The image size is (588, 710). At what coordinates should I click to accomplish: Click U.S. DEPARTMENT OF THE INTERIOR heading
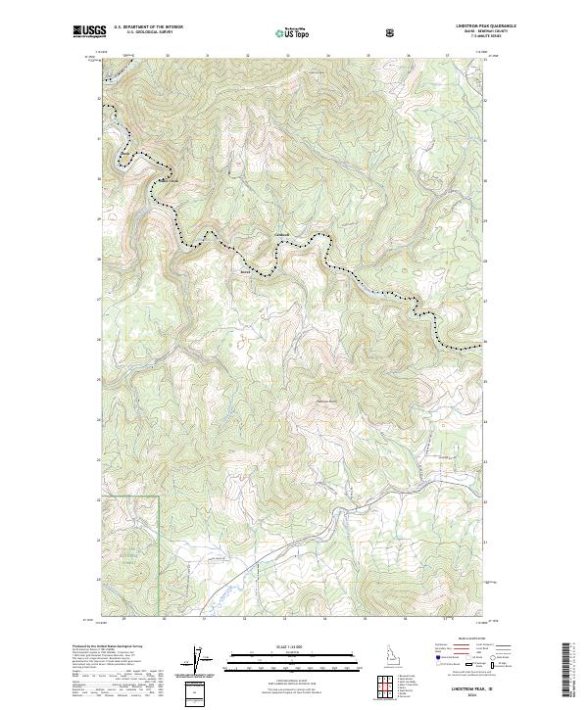coord(148,27)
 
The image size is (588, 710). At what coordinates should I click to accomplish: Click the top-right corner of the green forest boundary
coord(159,497)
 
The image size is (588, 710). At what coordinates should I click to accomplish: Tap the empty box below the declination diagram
coord(198,692)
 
